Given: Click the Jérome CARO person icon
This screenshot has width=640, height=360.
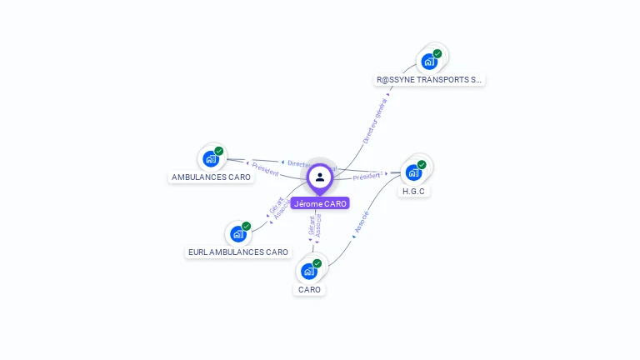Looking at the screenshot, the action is (320, 177).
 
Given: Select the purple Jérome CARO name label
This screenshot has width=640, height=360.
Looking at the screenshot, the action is (320, 203).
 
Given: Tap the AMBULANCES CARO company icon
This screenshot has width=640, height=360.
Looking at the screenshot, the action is (211, 158).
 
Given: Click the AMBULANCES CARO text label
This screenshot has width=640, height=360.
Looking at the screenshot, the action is (211, 177).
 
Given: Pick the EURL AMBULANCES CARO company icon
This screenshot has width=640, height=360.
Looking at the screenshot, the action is (237, 233).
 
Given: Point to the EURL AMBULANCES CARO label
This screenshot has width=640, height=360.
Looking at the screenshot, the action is (238, 252).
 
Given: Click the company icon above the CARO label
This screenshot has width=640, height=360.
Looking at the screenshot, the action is (308, 271).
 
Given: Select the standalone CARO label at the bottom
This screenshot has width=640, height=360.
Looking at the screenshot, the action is (309, 290).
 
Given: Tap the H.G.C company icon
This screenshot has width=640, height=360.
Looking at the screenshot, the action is (413, 172).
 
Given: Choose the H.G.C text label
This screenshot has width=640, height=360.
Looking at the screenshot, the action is (414, 192).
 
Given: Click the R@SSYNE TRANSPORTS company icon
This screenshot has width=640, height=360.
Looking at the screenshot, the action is (429, 61).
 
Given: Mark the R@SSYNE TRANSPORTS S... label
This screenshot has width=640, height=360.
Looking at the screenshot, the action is (429, 80).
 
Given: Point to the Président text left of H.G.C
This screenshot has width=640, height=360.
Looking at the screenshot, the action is (367, 176).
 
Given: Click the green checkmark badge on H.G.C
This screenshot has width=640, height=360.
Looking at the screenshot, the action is (422, 164).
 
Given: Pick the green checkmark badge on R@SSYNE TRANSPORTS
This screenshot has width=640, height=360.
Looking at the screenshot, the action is (437, 53).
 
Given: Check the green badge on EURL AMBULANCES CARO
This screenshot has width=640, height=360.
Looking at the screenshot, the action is (246, 226).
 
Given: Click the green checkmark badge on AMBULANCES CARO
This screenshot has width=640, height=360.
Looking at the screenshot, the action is (219, 151).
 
